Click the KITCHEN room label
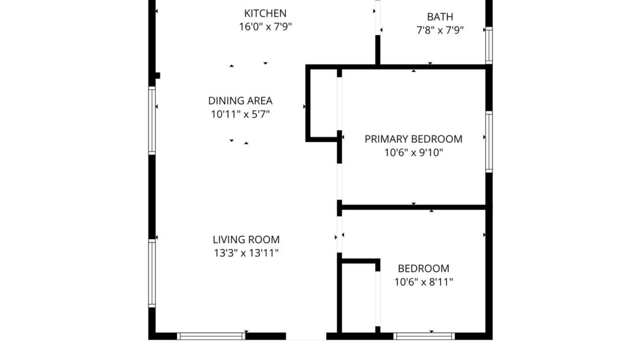(x=265, y=13)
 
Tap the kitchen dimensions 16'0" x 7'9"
(x=265, y=27)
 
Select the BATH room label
(x=440, y=17)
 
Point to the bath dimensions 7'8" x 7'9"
(x=440, y=30)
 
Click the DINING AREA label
(x=240, y=101)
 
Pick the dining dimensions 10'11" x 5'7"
(x=240, y=114)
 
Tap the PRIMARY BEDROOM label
(x=413, y=139)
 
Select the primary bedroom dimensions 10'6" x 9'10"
(x=413, y=153)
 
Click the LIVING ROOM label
(x=246, y=239)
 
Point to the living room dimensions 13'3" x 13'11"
(x=246, y=253)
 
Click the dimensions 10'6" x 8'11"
(x=423, y=283)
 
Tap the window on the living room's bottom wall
(x=211, y=336)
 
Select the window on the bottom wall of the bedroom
(x=424, y=336)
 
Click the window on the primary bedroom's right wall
(x=489, y=142)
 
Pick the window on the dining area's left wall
(x=152, y=120)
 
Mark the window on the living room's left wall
(x=152, y=273)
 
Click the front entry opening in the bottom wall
(x=306, y=336)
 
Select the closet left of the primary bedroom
(x=324, y=104)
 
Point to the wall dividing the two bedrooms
(x=413, y=207)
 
